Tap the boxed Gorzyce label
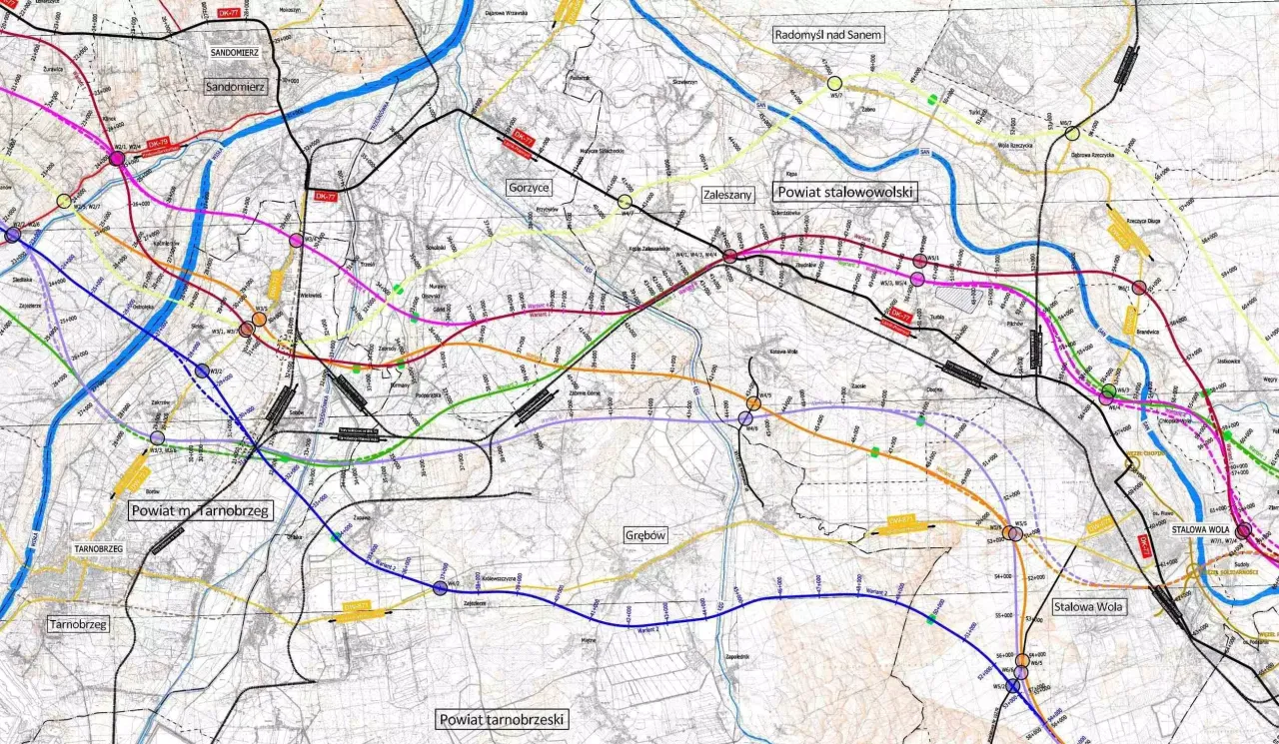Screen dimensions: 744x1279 pyautogui.click(x=529, y=187)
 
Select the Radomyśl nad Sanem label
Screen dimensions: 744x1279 pyautogui.click(x=829, y=35)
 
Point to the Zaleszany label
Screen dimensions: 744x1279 pyautogui.click(x=726, y=195)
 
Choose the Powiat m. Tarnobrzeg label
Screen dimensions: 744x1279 pyautogui.click(x=201, y=510)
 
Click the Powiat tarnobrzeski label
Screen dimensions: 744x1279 pyautogui.click(x=503, y=719)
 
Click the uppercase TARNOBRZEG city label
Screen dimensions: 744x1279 pyautogui.click(x=97, y=549)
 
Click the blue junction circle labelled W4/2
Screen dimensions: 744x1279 pyautogui.click(x=441, y=588)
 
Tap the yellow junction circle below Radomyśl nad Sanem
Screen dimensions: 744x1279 pyautogui.click(x=834, y=83)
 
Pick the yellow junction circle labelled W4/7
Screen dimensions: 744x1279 pyautogui.click(x=625, y=202)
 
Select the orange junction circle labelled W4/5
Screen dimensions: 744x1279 pyautogui.click(x=753, y=402)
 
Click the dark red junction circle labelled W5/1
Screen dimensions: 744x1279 pyautogui.click(x=919, y=261)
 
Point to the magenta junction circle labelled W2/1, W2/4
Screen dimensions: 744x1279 pyautogui.click(x=118, y=158)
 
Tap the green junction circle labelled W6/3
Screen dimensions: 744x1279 pyautogui.click(x=1108, y=389)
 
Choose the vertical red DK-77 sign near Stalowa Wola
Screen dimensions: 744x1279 pyautogui.click(x=1145, y=546)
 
